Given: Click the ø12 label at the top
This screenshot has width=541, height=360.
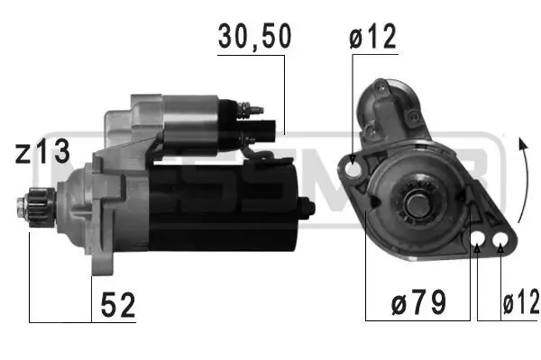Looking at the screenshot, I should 373,37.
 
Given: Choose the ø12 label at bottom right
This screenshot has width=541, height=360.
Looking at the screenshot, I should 520,304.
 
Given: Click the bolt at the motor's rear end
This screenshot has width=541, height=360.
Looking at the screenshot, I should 308,209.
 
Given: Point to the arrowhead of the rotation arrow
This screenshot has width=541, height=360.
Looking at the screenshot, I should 519,141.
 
